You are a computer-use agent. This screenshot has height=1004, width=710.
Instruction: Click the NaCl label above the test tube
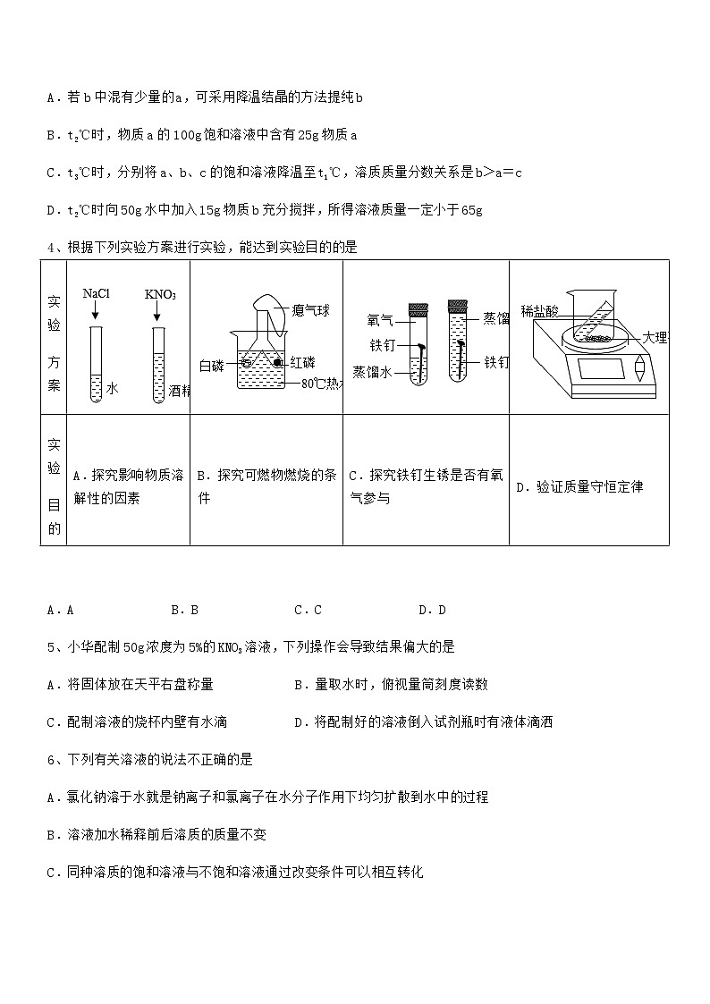[x=96, y=293]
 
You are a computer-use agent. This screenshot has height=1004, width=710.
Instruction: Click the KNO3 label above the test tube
[x=160, y=294]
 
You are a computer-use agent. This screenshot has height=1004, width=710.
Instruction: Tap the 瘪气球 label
[x=309, y=310]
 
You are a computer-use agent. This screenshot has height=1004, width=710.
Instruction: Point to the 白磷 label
[x=212, y=365]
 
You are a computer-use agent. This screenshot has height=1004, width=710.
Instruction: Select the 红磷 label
[x=301, y=362]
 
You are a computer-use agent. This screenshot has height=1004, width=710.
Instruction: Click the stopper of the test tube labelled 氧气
[x=418, y=309]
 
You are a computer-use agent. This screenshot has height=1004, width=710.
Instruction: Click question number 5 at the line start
[x=51, y=645]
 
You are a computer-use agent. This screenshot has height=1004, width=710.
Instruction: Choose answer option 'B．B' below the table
[x=184, y=610]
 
